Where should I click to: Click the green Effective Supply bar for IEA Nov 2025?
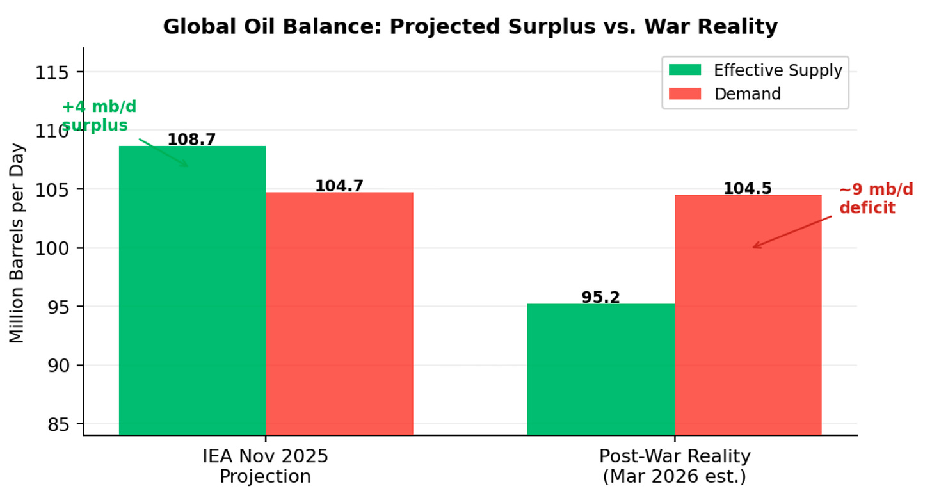192,291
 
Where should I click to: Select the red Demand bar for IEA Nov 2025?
339,314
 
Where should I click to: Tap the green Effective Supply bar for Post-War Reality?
601,369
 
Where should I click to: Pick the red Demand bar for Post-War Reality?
748,315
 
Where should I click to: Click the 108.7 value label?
191,140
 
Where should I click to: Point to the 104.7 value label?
339,186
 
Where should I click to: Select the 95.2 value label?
600,297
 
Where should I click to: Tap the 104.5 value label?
747,188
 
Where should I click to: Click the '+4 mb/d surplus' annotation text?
99,116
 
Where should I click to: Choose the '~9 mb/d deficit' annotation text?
876,198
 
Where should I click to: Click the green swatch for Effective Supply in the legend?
685,70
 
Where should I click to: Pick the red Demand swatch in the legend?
685,93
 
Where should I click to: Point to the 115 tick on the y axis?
52,73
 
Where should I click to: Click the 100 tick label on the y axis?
52,249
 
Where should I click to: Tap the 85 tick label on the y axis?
58,425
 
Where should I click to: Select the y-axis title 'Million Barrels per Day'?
17,243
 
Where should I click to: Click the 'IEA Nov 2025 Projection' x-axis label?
266,466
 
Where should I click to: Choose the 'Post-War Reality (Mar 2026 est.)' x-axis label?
675,466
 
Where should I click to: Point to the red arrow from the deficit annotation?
792,232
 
